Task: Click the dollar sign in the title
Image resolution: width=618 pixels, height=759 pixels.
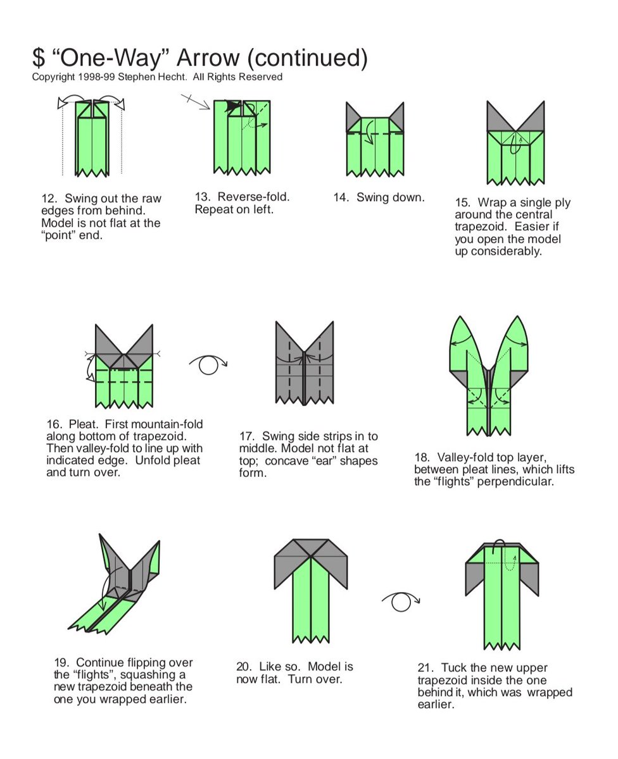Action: point(39,58)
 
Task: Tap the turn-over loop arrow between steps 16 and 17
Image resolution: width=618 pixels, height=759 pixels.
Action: point(208,364)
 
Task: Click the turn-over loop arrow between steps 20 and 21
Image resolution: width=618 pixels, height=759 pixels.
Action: point(401,602)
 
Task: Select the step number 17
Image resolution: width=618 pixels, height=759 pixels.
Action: point(247,436)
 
